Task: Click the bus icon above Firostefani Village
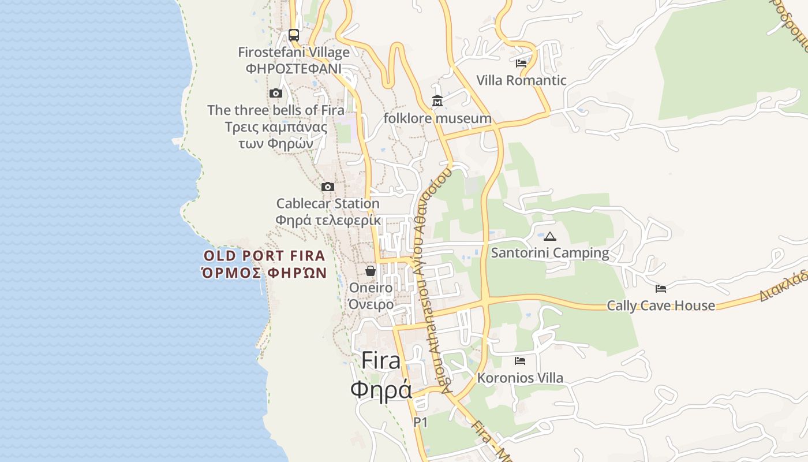click(294, 35)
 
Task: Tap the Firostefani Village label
click(294, 53)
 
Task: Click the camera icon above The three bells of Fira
click(276, 93)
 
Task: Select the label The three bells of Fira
click(276, 110)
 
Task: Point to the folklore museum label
click(437, 118)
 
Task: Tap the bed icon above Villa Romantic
click(521, 64)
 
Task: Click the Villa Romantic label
click(521, 80)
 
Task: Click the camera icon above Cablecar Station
click(328, 187)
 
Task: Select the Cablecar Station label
click(328, 203)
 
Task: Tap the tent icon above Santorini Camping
click(550, 236)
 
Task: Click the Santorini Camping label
click(550, 253)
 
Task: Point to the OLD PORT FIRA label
click(264, 256)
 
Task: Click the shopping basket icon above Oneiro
click(371, 271)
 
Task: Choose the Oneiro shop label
click(371, 288)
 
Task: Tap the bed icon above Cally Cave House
click(661, 289)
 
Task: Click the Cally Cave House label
click(661, 305)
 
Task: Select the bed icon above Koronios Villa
click(520, 361)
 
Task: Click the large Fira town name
click(381, 361)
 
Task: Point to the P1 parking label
click(421, 422)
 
